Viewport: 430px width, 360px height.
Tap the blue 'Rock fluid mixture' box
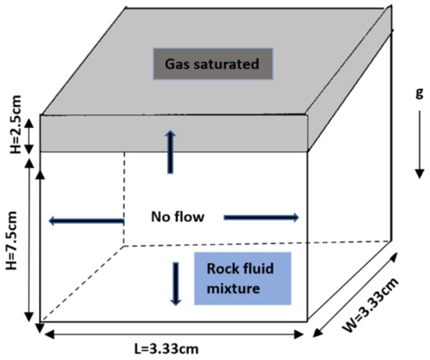click(x=242, y=279)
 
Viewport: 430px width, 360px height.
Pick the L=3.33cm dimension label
click(x=170, y=348)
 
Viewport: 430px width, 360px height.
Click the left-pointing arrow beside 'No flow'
click(x=86, y=221)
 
